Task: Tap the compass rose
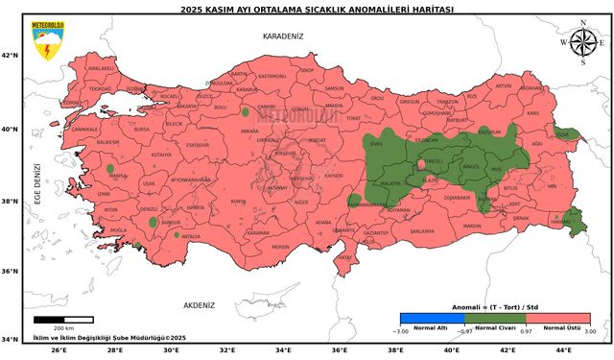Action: tap(581, 43)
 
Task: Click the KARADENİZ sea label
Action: tap(282, 36)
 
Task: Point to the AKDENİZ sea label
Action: tap(199, 304)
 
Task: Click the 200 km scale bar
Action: tap(63, 319)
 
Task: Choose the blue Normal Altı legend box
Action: tap(431, 317)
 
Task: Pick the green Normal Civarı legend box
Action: tap(494, 317)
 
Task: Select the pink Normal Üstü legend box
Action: tap(557, 317)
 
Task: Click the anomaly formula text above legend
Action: tap(494, 307)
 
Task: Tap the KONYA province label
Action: tap(238, 202)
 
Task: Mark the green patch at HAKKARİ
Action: tap(576, 223)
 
